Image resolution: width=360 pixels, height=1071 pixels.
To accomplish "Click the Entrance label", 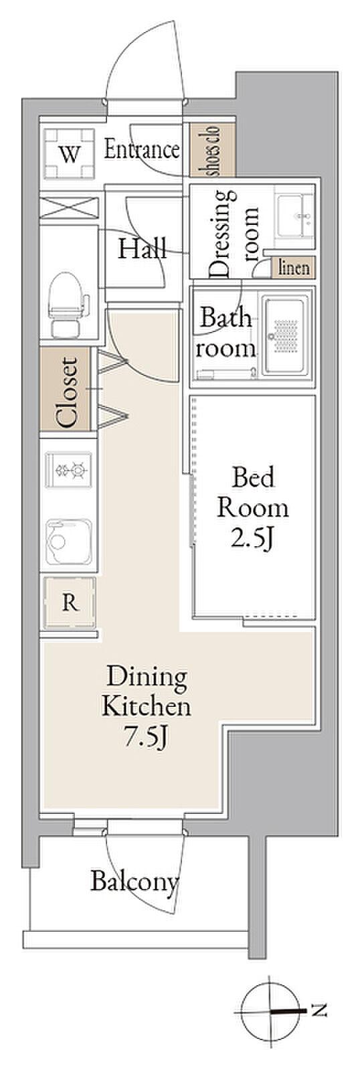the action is pyautogui.click(x=142, y=150).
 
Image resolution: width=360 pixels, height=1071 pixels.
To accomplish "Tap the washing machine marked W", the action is pyautogui.click(x=70, y=153).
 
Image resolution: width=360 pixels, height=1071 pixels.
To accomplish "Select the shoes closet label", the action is pyautogui.click(x=212, y=150).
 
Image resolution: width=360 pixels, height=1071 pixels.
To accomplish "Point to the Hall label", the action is pyautogui.click(x=143, y=248).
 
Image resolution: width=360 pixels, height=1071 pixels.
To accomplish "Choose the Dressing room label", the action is pyautogui.click(x=234, y=234).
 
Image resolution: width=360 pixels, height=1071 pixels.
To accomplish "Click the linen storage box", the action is pyautogui.click(x=294, y=267).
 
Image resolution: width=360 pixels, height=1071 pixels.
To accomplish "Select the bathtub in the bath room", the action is pyautogui.click(x=286, y=335).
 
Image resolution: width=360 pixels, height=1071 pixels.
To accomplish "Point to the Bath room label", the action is pyautogui.click(x=225, y=333).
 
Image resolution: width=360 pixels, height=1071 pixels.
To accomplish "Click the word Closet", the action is pyautogui.click(x=67, y=392).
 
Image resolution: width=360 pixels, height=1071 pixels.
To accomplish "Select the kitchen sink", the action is pyautogui.click(x=70, y=542).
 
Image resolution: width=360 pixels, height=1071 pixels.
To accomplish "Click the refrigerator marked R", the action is pyautogui.click(x=70, y=603).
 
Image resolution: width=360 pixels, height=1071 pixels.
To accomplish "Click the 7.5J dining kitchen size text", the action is pyautogui.click(x=146, y=739).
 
